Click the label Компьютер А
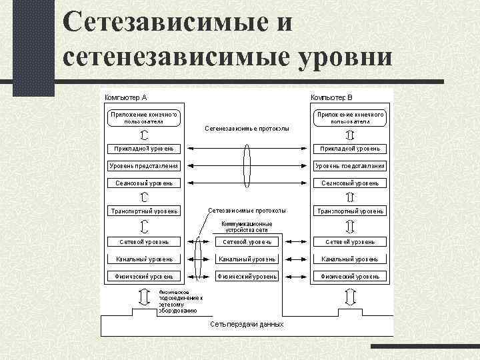point(125,97)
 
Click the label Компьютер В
point(336,97)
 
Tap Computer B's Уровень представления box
point(350,165)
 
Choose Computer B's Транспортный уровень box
point(350,211)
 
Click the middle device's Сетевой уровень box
point(247,241)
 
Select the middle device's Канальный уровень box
point(247,259)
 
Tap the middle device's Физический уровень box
point(247,276)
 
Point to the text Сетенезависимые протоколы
point(247,127)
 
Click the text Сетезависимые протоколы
point(247,210)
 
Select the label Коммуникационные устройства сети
point(247,227)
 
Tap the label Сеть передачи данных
point(247,324)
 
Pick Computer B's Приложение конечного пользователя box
point(350,118)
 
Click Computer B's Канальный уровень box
point(350,259)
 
